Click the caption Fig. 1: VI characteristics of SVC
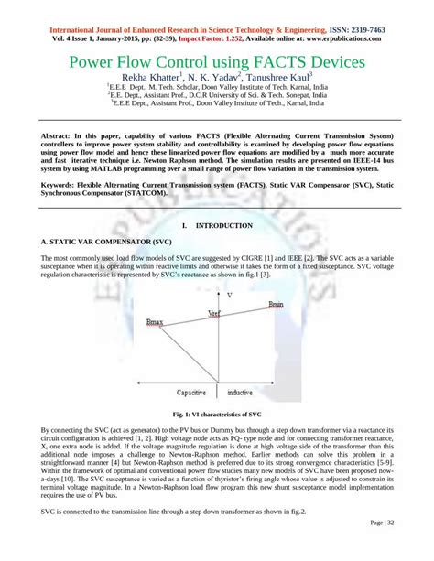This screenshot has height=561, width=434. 218,415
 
